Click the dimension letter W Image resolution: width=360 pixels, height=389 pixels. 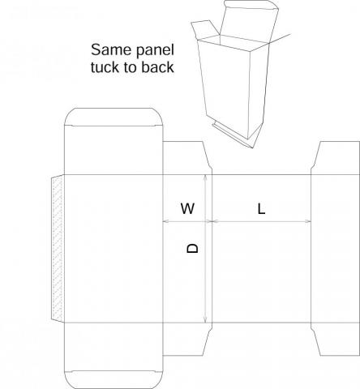tap(187, 208)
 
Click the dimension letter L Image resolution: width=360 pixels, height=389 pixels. tap(261, 209)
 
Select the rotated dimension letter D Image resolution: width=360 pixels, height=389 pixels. tap(193, 248)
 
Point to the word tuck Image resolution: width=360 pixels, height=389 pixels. tap(105, 67)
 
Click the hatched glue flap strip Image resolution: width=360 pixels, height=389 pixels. tap(58, 249)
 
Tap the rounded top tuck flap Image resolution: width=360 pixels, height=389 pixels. tap(114, 117)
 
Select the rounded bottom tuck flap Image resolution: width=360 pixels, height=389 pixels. tap(114, 380)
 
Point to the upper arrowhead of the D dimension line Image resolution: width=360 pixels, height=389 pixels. tap(206, 177)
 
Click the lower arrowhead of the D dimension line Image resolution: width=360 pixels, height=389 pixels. tap(206, 319)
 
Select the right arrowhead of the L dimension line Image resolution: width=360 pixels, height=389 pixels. tap(308, 221)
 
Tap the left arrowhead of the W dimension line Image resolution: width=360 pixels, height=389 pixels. tap(166, 221)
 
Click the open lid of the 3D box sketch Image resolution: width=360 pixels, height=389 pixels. tap(249, 22)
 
